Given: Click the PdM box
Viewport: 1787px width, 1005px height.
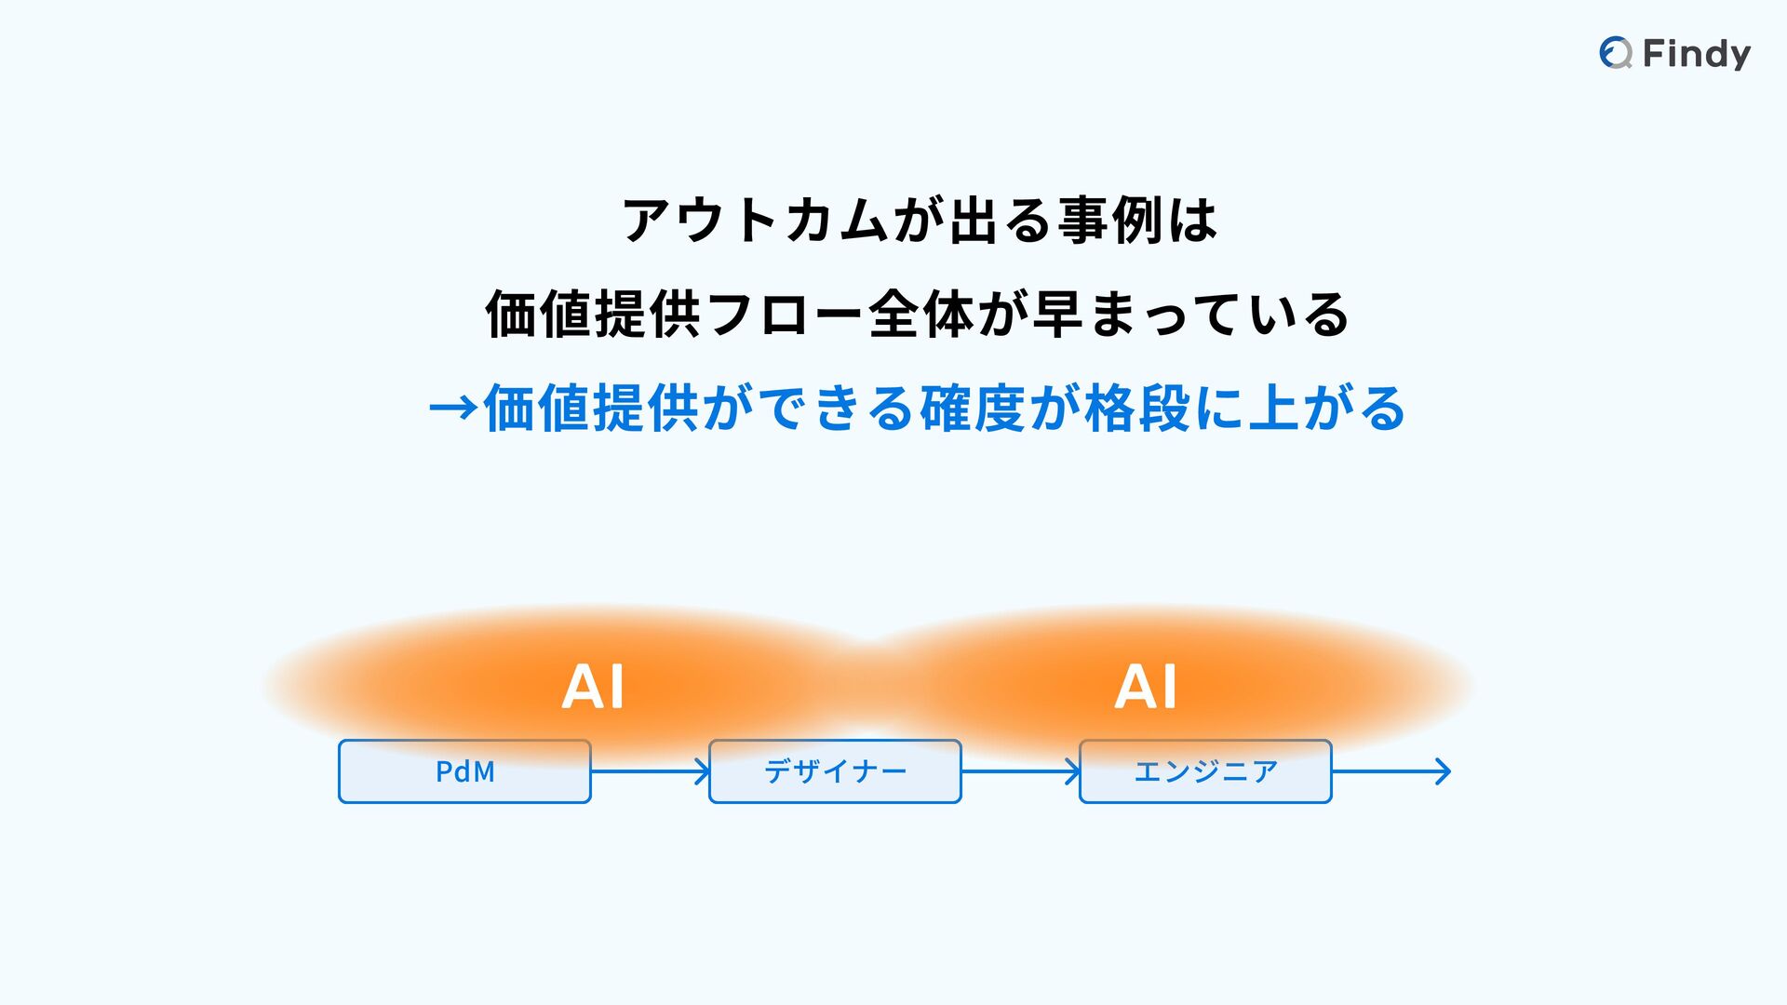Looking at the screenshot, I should (x=464, y=771).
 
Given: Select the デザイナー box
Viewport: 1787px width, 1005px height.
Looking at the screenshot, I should (x=835, y=771).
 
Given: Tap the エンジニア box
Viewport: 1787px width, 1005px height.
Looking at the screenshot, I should (x=1205, y=771).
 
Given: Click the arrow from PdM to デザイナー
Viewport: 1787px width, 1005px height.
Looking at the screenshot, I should (x=650, y=771).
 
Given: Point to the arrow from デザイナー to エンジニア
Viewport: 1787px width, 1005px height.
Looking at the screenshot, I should (x=1020, y=771).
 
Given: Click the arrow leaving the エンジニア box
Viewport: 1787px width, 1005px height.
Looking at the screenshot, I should (x=1391, y=771).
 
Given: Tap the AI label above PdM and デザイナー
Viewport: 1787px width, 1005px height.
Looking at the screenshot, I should (x=593, y=688).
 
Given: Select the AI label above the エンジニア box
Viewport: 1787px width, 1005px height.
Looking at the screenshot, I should (x=1146, y=688).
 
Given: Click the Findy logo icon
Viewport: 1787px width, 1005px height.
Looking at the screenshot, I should (x=1616, y=53).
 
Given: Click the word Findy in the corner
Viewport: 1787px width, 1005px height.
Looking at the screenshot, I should (x=1697, y=54).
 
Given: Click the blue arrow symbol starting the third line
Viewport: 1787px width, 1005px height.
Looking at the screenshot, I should (x=453, y=409).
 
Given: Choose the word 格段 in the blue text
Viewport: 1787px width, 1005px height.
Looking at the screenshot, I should (x=1137, y=409).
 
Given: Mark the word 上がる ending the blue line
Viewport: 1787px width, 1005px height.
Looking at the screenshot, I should (x=1327, y=409).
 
